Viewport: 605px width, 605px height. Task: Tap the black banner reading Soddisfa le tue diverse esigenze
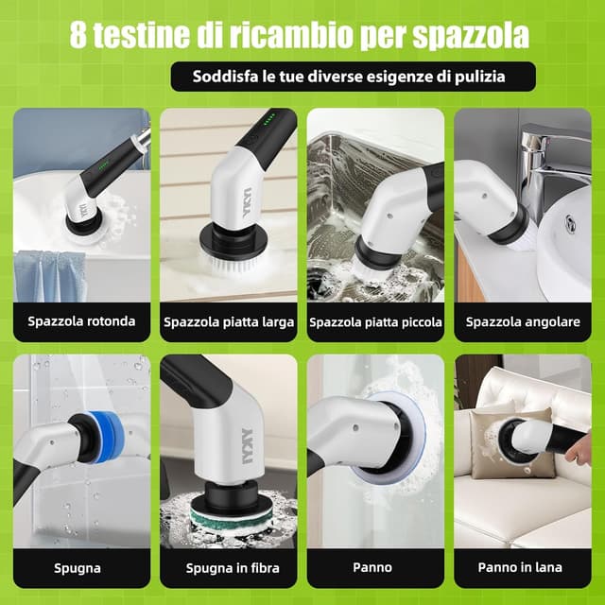point(353,77)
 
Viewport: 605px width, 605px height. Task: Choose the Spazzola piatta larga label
point(228,322)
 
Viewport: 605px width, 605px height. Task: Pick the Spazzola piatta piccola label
point(375,322)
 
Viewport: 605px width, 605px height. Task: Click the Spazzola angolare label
point(523,322)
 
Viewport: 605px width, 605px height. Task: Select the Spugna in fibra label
point(228,568)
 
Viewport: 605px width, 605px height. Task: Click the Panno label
point(375,568)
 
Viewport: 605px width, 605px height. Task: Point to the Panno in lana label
point(523,568)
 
